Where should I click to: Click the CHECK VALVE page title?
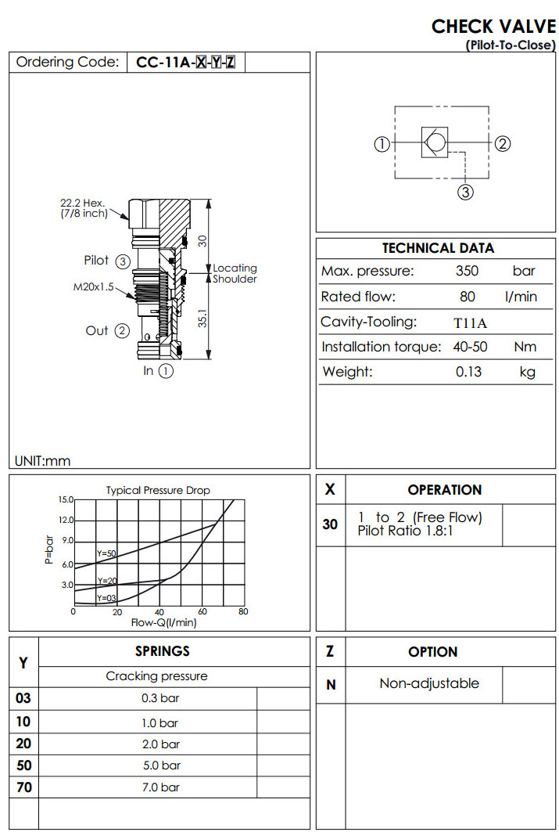(493, 26)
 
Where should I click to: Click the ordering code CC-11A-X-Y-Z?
(185, 63)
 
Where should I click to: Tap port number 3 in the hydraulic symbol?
(465, 192)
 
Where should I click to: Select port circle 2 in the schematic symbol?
(503, 143)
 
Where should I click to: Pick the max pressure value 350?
(468, 272)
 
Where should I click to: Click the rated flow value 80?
(468, 297)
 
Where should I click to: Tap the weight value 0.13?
(468, 372)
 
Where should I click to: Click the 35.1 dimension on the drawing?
(202, 322)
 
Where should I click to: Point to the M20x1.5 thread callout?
(93, 286)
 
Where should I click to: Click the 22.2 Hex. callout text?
(83, 203)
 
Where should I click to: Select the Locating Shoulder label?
(235, 273)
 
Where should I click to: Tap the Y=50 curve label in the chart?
(106, 553)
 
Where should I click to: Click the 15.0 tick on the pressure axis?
(66, 499)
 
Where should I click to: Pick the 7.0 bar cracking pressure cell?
(160, 787)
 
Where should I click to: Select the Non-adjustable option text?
(429, 683)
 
